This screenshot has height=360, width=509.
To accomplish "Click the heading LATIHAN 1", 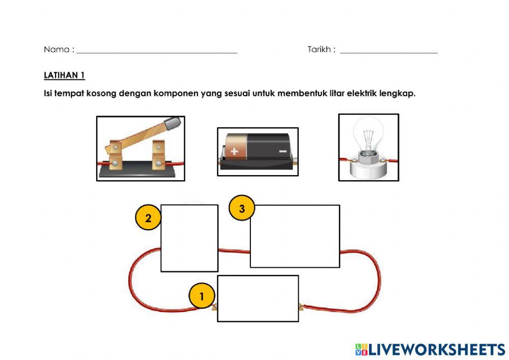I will click(64, 75).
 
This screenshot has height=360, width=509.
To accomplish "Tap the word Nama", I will click(56, 49).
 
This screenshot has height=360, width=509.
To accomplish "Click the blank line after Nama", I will click(157, 52).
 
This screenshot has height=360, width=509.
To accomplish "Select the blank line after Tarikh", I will click(389, 52).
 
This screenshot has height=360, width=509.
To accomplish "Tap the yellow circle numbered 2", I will click(148, 218).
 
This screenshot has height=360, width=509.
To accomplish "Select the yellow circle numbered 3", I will click(242, 209).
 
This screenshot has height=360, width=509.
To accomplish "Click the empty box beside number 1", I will click(258, 298).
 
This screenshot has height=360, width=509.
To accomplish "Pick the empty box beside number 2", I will click(189, 238).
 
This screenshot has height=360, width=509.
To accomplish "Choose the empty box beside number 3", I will click(294, 236).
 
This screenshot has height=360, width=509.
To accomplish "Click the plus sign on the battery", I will click(234, 151).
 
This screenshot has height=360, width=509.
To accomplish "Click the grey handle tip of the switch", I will click(173, 123).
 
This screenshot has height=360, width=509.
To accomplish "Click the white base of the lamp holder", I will click(369, 171).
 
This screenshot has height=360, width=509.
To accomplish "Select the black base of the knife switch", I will click(140, 173).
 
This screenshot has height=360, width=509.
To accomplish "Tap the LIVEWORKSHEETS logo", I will click(430, 349).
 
